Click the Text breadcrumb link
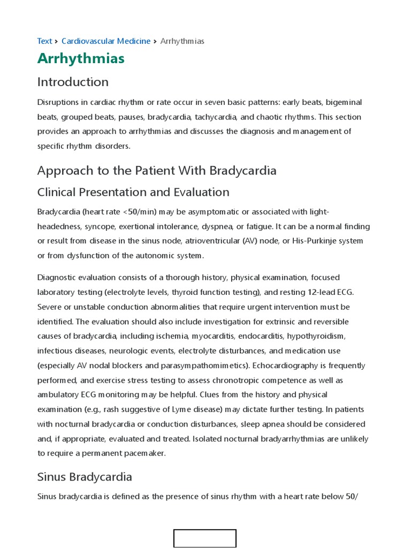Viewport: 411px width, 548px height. [44, 41]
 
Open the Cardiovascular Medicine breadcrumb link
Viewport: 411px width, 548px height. [106, 41]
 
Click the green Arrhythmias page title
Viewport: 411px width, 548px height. [81, 58]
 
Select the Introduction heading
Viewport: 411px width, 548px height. [73, 82]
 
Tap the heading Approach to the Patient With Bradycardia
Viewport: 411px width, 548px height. [157, 171]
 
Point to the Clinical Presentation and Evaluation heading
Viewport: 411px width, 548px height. [133, 192]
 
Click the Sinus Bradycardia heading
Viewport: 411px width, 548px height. [85, 477]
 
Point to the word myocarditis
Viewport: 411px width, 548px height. [214, 336]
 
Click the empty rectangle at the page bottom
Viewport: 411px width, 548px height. [205, 538]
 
